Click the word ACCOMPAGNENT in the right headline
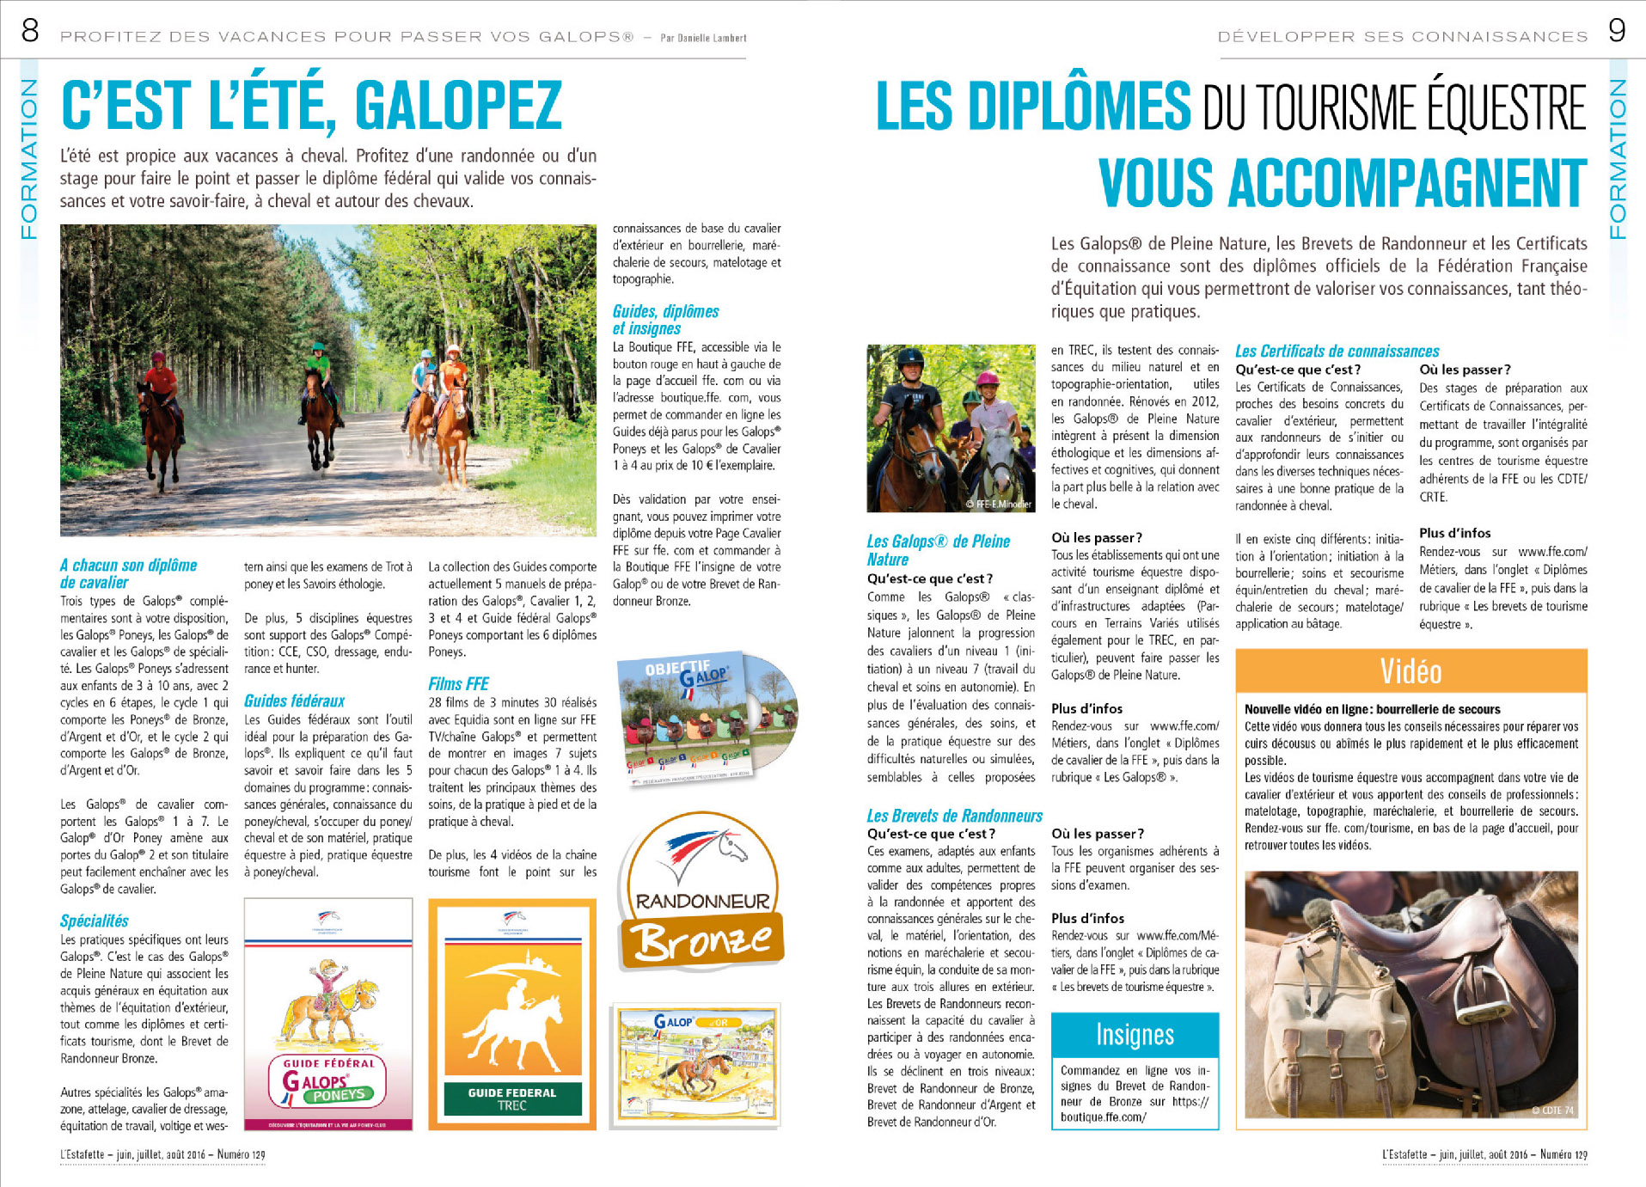point(1342,183)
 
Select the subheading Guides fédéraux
point(294,701)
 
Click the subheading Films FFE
point(458,684)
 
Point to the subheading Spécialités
point(95,921)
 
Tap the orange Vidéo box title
point(1410,671)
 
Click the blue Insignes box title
point(1135,1035)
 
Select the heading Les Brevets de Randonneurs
point(954,816)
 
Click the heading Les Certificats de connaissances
point(1337,351)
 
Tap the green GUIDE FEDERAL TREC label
point(512,1098)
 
